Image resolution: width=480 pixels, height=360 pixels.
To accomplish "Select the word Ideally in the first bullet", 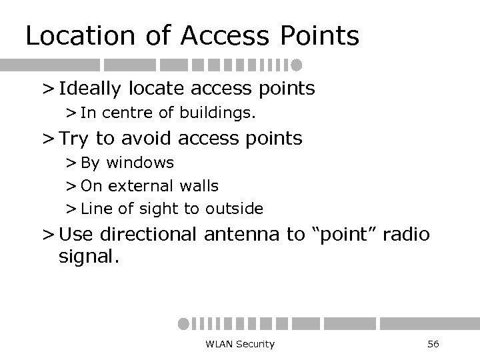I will point(96,88).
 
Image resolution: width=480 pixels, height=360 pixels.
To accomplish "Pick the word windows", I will point(141,163).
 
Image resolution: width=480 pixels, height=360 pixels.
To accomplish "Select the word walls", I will point(199,185).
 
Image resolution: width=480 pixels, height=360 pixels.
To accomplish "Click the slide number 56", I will point(433,343).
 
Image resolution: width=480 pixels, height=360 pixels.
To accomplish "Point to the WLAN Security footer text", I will point(241,343).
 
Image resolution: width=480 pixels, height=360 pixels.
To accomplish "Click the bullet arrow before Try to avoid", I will point(48,139).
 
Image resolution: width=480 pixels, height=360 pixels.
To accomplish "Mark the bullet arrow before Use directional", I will point(48,235).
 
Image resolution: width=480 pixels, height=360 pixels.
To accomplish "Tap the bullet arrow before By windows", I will point(71,163).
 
